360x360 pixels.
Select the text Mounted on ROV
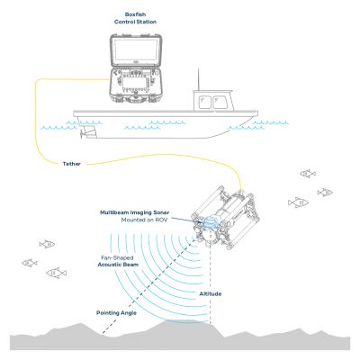pos(148,220)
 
